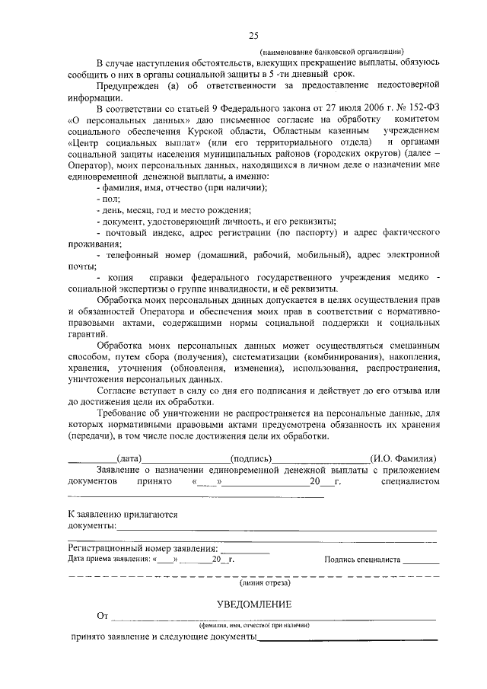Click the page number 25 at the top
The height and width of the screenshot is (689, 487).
(x=253, y=34)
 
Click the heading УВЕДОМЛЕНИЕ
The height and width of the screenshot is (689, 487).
(x=253, y=604)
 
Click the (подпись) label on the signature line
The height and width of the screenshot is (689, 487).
(x=250, y=459)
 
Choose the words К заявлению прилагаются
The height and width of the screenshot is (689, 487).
(x=123, y=515)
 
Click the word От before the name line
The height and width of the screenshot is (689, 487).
(x=103, y=615)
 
